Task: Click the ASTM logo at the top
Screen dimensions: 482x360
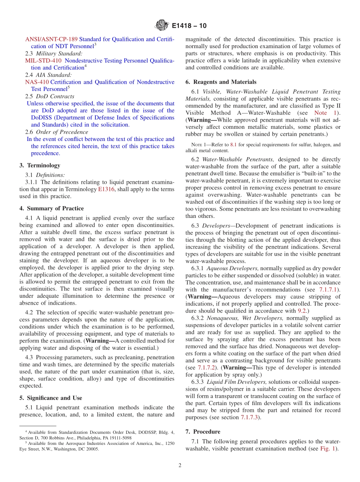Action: (162, 26)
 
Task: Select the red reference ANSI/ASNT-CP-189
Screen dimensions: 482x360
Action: (52, 39)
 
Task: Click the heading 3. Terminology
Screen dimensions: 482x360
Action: (40, 165)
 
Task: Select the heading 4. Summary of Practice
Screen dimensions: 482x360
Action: (52, 208)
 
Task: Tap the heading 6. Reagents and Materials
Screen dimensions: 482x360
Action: (221, 82)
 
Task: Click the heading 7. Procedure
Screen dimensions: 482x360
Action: (207, 432)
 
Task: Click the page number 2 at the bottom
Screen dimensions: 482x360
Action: (180, 465)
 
